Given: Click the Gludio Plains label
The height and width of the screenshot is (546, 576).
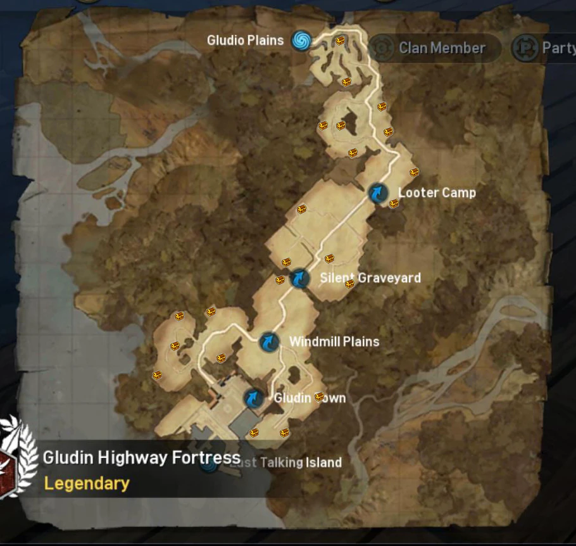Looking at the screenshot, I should (245, 41).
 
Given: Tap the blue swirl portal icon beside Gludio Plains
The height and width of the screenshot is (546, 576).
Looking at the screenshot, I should (302, 41).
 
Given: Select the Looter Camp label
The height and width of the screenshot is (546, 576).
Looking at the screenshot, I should (437, 193).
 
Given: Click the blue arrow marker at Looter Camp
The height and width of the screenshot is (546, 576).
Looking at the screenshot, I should (379, 193).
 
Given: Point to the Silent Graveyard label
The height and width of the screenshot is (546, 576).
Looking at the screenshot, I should (370, 278).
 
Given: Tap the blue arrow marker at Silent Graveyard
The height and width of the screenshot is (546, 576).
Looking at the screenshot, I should (299, 278).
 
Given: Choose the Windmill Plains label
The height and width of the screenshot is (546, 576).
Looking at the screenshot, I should (334, 342).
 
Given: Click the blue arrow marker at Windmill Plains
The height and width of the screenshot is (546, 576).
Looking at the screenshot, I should (270, 343).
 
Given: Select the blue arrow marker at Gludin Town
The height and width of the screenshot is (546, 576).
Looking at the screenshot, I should (253, 398).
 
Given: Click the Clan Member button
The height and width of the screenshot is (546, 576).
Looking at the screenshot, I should (442, 48).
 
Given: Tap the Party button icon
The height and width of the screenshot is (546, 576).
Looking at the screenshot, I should (525, 48).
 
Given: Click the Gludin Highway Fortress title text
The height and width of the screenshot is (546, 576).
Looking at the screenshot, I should (142, 458).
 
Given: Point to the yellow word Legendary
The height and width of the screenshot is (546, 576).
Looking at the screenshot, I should (87, 484).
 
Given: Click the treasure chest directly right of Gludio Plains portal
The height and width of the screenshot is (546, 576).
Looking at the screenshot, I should (340, 40).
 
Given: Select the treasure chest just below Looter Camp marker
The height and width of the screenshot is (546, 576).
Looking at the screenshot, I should (394, 203).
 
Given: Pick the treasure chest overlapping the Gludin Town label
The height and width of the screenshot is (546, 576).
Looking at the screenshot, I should (319, 397).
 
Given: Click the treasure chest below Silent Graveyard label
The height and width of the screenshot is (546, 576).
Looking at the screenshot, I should (349, 284).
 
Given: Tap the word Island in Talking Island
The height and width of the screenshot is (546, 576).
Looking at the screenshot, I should (323, 462).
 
